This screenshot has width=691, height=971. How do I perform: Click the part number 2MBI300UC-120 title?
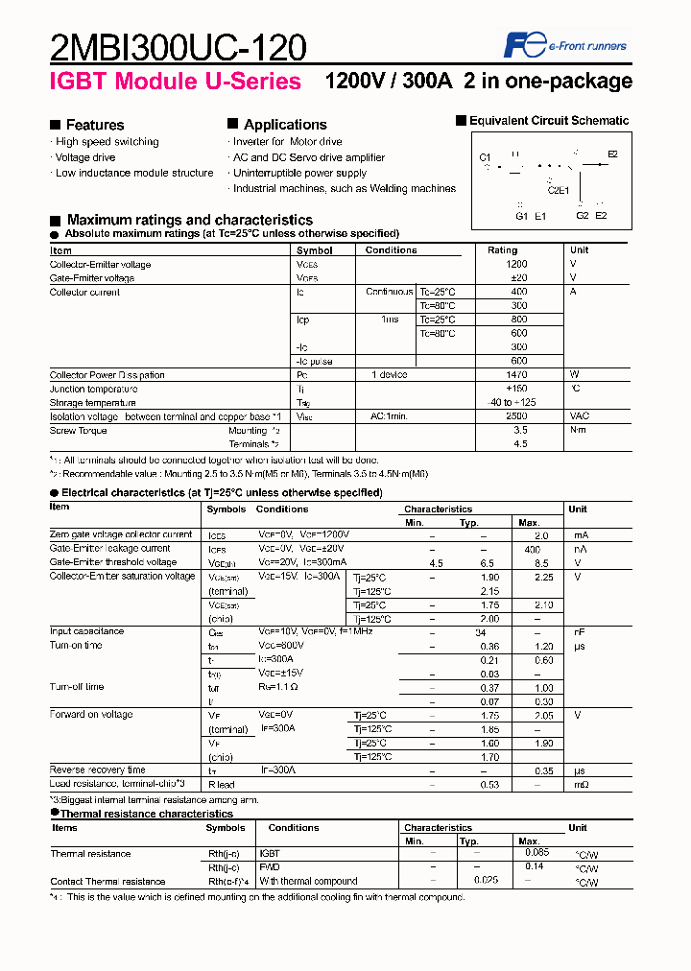tap(179, 47)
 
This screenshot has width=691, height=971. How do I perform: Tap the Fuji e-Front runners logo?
tap(565, 44)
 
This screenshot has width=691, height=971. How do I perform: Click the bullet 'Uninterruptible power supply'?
tap(299, 173)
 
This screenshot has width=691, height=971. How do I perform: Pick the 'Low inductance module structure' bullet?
tap(134, 173)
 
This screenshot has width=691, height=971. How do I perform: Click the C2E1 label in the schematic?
tap(558, 190)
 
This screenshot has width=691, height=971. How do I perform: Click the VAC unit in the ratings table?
tap(581, 416)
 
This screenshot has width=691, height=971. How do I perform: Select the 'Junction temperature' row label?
tap(94, 389)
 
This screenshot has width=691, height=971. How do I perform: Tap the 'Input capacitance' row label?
tap(86, 631)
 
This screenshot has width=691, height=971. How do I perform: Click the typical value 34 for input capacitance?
tap(481, 631)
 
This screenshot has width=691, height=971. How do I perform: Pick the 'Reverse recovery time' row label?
tap(97, 770)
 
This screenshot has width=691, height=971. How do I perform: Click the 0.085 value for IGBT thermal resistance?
tap(538, 851)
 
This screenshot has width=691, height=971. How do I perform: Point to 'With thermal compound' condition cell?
tap(307, 881)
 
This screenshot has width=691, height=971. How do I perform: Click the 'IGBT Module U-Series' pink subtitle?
tap(176, 82)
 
